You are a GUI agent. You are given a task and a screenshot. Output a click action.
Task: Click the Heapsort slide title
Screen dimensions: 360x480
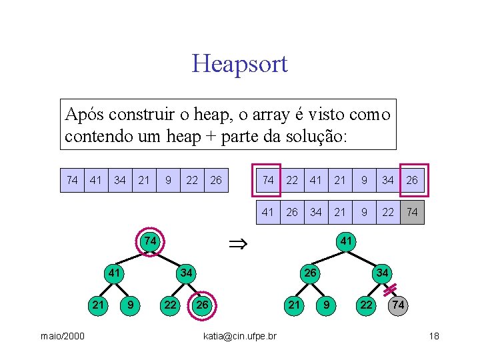pyautogui.click(x=239, y=64)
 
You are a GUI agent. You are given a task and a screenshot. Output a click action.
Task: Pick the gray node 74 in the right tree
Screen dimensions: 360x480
pyautogui.click(x=398, y=305)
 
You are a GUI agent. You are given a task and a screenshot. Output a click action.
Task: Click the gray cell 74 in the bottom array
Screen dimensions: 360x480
pyautogui.click(x=412, y=212)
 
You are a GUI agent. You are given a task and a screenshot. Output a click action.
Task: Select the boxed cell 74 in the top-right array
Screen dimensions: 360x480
pyautogui.click(x=267, y=180)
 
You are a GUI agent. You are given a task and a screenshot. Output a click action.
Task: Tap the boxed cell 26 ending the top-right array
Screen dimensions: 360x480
pyautogui.click(x=413, y=180)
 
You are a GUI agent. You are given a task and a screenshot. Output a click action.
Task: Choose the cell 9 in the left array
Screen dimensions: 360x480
pyautogui.click(x=169, y=180)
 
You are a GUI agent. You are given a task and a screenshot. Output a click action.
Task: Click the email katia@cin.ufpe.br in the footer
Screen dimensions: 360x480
pyautogui.click(x=240, y=335)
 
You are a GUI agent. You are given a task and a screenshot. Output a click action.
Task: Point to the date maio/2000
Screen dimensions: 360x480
pyautogui.click(x=62, y=335)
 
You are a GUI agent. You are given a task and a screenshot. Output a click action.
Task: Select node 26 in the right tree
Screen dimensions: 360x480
pyautogui.click(x=310, y=273)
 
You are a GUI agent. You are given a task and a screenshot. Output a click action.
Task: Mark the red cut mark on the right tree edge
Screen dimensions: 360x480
pyautogui.click(x=390, y=287)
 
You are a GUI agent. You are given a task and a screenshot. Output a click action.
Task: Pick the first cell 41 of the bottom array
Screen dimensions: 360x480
pyautogui.click(x=267, y=212)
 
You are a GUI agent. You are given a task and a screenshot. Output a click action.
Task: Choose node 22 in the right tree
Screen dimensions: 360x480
pyautogui.click(x=366, y=305)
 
